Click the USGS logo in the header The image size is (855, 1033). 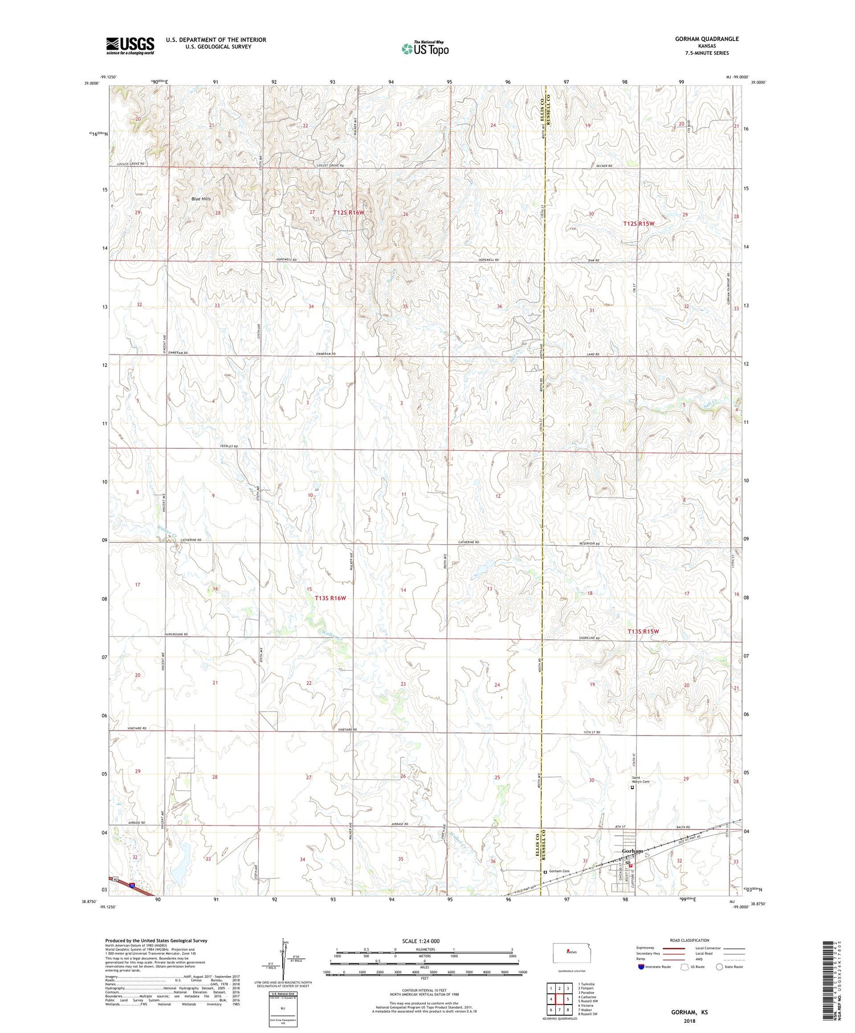tap(130, 46)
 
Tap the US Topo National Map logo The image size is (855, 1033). tap(425, 49)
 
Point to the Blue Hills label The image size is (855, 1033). tap(201, 199)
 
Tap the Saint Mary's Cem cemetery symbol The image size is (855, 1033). tap(632, 789)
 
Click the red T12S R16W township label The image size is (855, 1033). tap(348, 213)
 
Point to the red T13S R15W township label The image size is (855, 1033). tap(643, 631)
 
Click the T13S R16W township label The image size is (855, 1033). tap(330, 598)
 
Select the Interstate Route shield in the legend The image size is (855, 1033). tap(642, 966)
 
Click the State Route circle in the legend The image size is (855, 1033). tap(719, 966)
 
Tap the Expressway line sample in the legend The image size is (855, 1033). tap(676, 948)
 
